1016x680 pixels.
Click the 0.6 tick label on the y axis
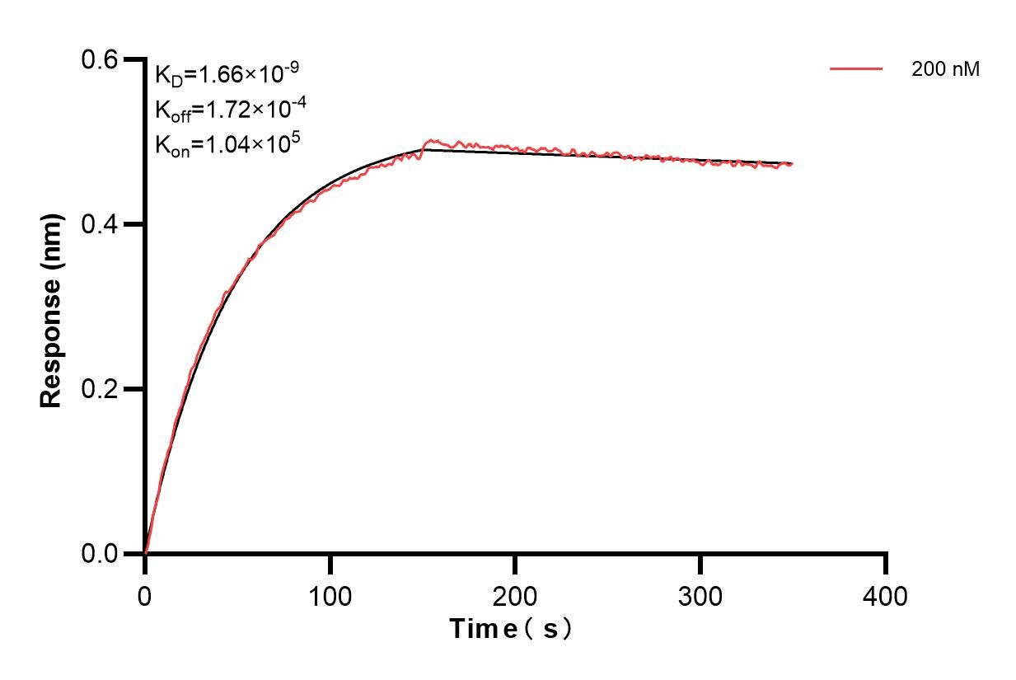pyautogui.click(x=101, y=59)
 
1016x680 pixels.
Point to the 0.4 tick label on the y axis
pyautogui.click(x=101, y=224)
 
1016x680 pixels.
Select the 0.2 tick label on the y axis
pyautogui.click(x=101, y=389)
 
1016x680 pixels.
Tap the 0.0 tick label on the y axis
pyautogui.click(x=101, y=554)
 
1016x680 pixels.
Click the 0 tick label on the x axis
pyautogui.click(x=145, y=595)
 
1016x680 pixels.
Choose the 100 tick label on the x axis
pyautogui.click(x=330, y=595)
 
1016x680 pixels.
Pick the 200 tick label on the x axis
pyautogui.click(x=515, y=595)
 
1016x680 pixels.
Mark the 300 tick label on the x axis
pyautogui.click(x=700, y=595)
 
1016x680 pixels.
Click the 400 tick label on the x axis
pyautogui.click(x=886, y=595)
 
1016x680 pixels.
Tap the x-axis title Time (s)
pyautogui.click(x=511, y=629)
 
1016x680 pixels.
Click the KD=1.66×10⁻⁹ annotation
pyautogui.click(x=227, y=75)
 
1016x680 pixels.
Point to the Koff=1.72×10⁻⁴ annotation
pyautogui.click(x=226, y=110)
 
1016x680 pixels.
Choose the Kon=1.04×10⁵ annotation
pyautogui.click(x=227, y=144)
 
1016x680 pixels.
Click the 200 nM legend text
pyautogui.click(x=945, y=70)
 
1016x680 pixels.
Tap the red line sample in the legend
pyautogui.click(x=857, y=70)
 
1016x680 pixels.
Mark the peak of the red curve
pyautogui.click(x=429, y=141)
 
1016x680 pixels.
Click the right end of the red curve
pyautogui.click(x=792, y=164)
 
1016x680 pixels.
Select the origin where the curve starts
pyautogui.click(x=145, y=553)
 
